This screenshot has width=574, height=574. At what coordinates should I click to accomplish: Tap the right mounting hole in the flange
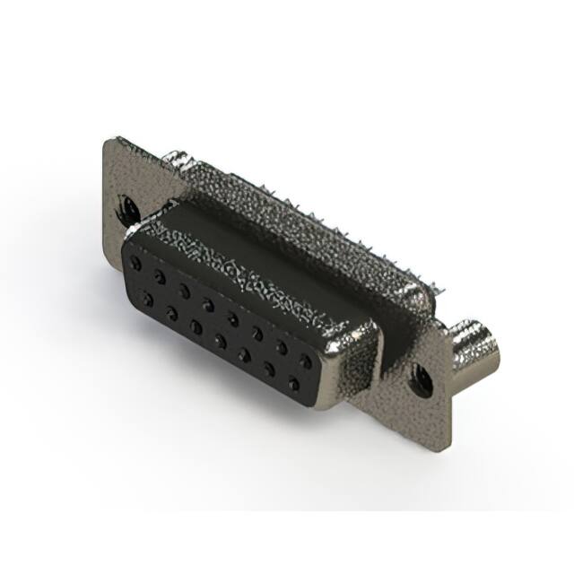tap(419, 383)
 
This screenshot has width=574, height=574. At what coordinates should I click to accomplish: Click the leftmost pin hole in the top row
tap(135, 263)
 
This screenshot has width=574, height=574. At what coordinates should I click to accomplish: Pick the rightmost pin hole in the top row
tap(306, 361)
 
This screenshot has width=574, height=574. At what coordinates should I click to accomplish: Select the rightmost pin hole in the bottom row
tap(293, 385)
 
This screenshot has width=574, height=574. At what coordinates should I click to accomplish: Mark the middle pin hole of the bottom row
tap(220, 341)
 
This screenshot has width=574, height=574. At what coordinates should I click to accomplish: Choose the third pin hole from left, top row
tap(184, 290)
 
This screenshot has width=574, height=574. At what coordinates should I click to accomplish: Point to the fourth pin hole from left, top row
tap(208, 304)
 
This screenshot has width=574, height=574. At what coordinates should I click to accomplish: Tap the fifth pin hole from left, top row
tap(232, 317)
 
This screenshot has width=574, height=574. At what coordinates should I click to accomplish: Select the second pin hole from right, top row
tap(282, 346)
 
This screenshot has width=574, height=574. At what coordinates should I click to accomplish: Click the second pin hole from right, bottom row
tap(269, 370)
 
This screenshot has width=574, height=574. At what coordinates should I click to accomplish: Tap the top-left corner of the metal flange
tap(109, 141)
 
